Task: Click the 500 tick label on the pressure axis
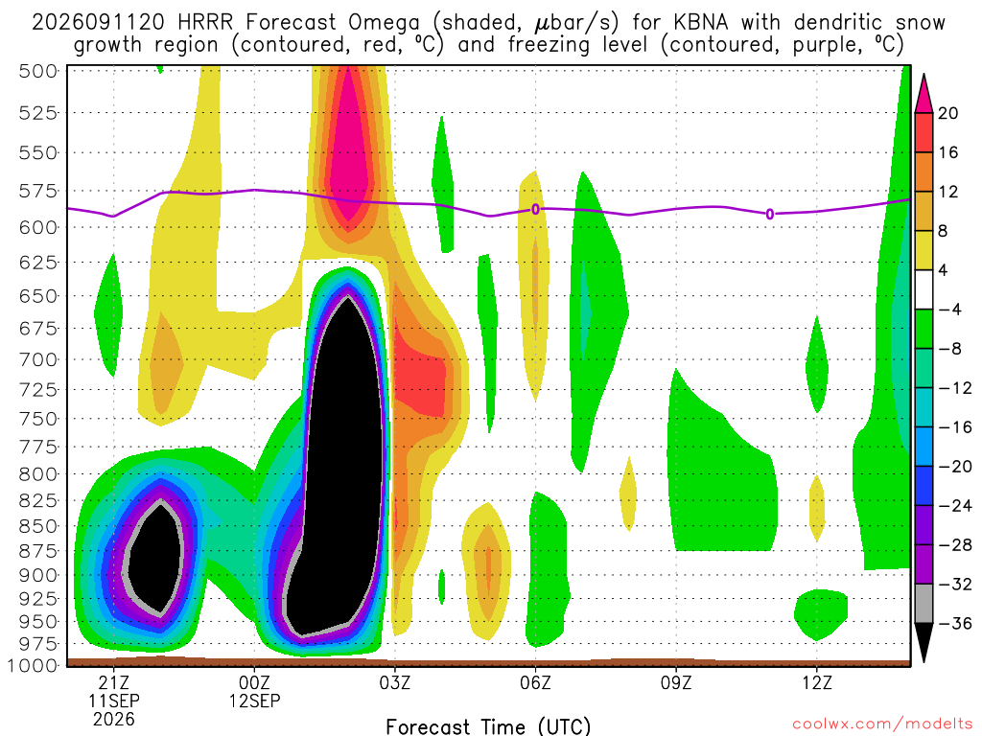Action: (x=37, y=71)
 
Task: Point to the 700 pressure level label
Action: (x=37, y=360)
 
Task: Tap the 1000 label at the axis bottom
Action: (x=32, y=665)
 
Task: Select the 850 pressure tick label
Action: (x=37, y=526)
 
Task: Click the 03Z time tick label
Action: (x=394, y=682)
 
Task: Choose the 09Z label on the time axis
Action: (x=676, y=682)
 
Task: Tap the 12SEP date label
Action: (x=254, y=701)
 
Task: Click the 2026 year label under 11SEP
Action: (x=113, y=719)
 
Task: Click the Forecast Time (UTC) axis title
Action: (x=488, y=726)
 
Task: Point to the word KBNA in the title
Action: (x=701, y=23)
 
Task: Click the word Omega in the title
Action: (x=384, y=24)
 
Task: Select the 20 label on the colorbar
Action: (x=948, y=113)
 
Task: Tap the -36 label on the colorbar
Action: (x=954, y=623)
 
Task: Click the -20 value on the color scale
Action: (x=954, y=467)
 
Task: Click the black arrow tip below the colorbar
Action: (x=924, y=659)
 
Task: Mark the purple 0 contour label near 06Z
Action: (x=535, y=209)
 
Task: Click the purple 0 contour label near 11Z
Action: (x=770, y=214)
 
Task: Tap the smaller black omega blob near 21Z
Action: (x=153, y=557)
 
